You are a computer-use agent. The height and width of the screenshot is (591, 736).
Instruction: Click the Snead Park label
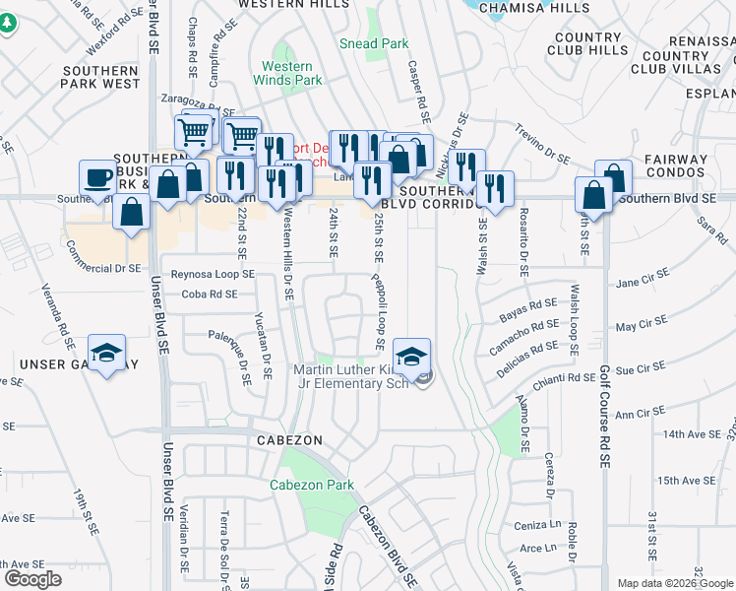pos(373,43)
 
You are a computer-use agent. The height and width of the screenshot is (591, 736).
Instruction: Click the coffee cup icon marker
pos(97,178)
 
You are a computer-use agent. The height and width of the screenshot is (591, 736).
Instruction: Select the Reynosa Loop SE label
pos(213,274)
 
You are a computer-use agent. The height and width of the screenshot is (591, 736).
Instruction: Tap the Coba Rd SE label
pos(210,294)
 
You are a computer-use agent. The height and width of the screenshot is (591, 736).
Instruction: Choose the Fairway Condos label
pos(676,166)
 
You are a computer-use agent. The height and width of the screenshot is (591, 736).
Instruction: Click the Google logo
pos(32,579)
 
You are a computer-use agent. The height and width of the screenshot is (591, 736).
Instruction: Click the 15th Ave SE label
pos(687,480)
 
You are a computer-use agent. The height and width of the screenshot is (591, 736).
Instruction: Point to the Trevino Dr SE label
pos(543,143)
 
